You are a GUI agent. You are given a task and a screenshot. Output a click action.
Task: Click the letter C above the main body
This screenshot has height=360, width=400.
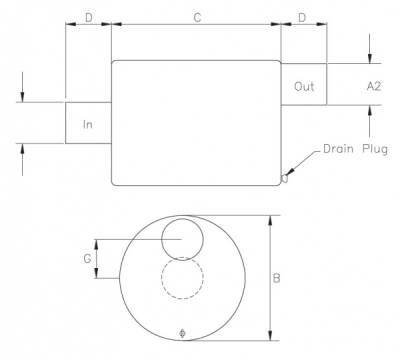tap(196, 17)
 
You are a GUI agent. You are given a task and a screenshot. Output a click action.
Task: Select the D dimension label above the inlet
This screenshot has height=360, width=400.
tap(89, 17)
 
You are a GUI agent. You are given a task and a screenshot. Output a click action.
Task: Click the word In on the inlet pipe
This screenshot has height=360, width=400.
tap(88, 125)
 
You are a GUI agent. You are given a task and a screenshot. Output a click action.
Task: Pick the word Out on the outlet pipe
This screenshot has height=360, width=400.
tap(304, 87)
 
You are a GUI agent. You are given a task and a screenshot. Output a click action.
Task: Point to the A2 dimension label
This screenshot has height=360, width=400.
tap(374, 87)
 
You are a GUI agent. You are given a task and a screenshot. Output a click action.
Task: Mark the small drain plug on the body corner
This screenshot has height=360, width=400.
tap(285, 179)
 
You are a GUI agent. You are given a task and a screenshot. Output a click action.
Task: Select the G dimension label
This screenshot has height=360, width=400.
tap(88, 258)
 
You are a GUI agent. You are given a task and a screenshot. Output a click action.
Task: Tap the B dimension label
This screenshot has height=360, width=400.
tap(275, 279)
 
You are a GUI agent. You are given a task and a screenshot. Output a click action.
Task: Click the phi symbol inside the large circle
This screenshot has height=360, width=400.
tap(181, 331)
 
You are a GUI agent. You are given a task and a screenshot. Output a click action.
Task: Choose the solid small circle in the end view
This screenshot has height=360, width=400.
tap(181, 240)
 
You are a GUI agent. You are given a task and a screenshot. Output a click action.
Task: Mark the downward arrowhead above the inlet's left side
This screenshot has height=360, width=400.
tap(22, 97)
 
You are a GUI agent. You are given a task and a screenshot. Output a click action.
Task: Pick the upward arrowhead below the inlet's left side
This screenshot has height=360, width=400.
tap(22, 148)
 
